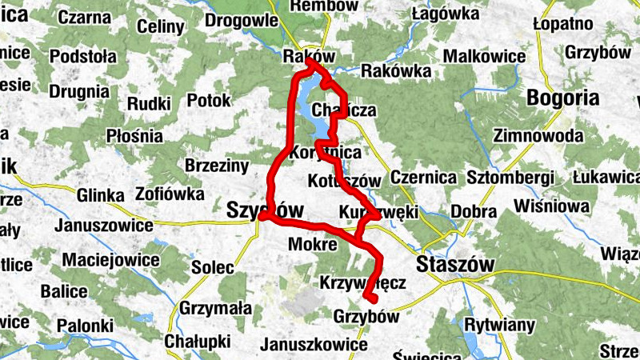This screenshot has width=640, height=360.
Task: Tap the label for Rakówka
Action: (392, 71)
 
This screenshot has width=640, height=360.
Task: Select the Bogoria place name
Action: (563, 98)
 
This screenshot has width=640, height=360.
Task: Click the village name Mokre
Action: (312, 244)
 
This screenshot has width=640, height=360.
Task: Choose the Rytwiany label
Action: (498, 326)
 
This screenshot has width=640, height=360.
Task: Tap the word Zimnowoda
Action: (538, 136)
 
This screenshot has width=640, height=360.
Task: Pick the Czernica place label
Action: (424, 177)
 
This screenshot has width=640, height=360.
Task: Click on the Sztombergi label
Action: (510, 177)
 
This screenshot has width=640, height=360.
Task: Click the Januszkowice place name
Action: (314, 346)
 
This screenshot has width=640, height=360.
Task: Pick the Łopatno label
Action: (568, 23)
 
